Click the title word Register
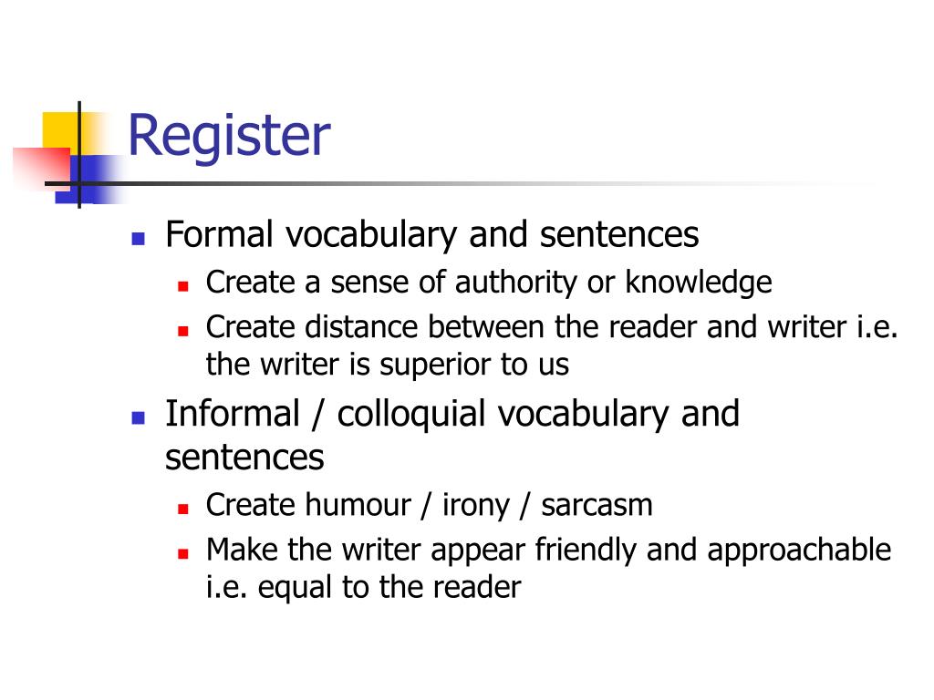pyautogui.click(x=228, y=137)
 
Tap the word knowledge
pyautogui.click(x=698, y=283)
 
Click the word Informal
pyautogui.click(x=232, y=414)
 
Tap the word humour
pyautogui.click(x=358, y=504)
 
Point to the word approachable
pyautogui.click(x=799, y=551)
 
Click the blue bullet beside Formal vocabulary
pyautogui.click(x=139, y=239)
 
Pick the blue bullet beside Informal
pyautogui.click(x=139, y=417)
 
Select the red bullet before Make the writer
pyautogui.click(x=182, y=553)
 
